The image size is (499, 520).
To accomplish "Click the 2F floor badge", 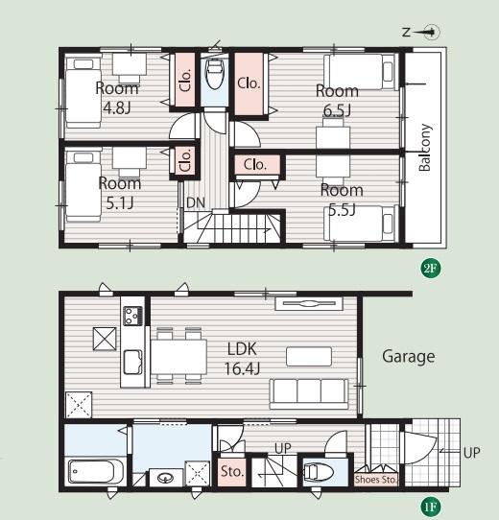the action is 431,268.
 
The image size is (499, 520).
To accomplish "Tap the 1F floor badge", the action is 431,507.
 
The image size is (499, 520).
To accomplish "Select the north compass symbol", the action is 421,33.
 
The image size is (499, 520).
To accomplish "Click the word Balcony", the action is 425,147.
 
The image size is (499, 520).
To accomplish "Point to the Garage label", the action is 409,357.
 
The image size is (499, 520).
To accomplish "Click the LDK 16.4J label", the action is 242,359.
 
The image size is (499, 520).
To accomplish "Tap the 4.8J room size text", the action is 117,107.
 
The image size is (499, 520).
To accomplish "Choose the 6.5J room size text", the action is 337,110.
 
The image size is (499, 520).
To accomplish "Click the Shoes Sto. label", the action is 376,479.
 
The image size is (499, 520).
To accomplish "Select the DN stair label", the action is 196,202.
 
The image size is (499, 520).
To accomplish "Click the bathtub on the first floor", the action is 96,471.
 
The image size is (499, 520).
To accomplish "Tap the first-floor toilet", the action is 319,472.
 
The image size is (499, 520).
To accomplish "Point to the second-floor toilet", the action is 215,74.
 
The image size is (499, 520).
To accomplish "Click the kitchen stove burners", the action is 133,316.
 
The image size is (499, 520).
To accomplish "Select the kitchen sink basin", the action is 133,362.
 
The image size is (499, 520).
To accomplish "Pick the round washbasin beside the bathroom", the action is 166,478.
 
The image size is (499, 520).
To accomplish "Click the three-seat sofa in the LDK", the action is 309,393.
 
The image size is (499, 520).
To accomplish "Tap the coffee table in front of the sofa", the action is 309,357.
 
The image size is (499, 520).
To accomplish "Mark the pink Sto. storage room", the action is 231,472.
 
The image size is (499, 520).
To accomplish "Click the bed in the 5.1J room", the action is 83,187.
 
